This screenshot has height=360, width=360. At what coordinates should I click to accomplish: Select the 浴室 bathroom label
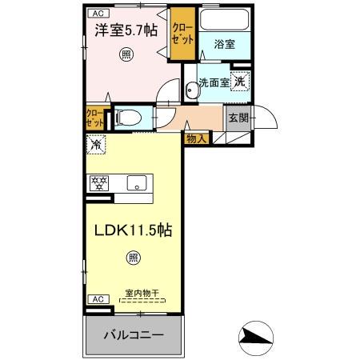(x=225, y=45)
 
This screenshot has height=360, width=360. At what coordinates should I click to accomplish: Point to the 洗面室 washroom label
(x=214, y=82)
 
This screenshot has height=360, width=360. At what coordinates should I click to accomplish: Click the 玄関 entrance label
(x=238, y=118)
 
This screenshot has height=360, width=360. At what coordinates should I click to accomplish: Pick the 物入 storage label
(x=196, y=138)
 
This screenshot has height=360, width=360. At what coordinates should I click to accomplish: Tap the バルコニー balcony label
(x=134, y=334)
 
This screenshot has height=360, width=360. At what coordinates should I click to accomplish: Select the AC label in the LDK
(x=97, y=298)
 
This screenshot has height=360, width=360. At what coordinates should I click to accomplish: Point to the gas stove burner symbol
(x=100, y=182)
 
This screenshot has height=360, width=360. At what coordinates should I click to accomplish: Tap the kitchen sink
(x=138, y=182)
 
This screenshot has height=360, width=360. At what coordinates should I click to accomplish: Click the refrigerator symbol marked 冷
(x=96, y=146)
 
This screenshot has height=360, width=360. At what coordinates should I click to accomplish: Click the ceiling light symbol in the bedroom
(x=126, y=54)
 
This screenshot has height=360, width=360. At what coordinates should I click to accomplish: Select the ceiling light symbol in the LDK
(x=133, y=258)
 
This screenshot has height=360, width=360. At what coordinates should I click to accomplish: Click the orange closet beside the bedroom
(x=182, y=36)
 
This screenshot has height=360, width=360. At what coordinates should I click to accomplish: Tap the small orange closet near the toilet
(x=94, y=118)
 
